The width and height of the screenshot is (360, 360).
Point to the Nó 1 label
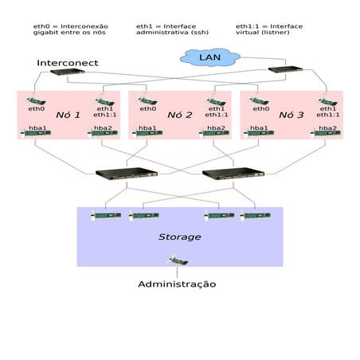pos(68,115)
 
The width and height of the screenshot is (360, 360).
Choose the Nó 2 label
pos(179,115)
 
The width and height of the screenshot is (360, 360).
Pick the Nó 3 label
pos(291,115)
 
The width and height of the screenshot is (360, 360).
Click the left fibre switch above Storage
pos(115,173)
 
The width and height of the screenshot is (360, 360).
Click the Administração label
pos(176,284)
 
